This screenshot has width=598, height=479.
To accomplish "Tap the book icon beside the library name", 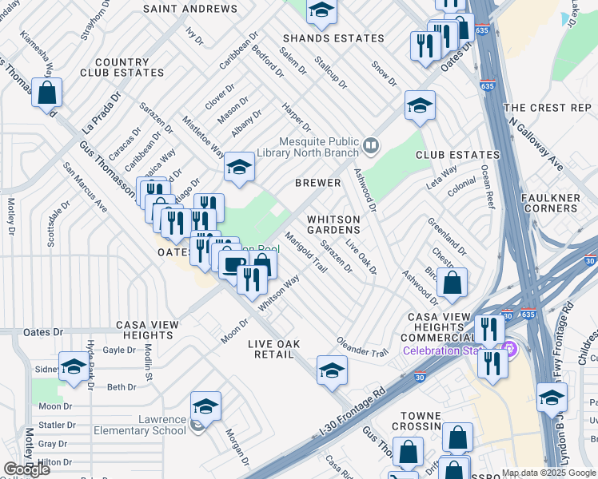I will tap(369, 145).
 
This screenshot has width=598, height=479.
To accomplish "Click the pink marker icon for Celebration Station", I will tap(507, 350).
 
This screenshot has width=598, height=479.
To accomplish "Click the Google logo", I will tap(26, 469).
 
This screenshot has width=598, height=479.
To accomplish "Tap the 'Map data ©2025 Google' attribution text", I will tap(548, 473).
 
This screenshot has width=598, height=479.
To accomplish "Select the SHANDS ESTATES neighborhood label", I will tap(333, 38).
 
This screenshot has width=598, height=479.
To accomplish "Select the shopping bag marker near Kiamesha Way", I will tap(47, 93).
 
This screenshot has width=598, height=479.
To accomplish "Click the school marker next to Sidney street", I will tap(74, 367).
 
